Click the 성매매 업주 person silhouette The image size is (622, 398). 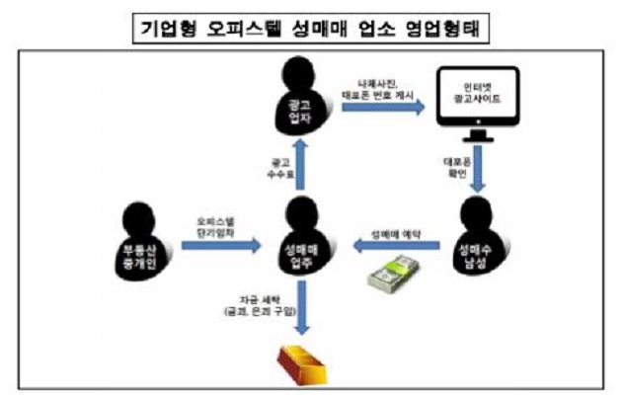click(302, 243)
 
